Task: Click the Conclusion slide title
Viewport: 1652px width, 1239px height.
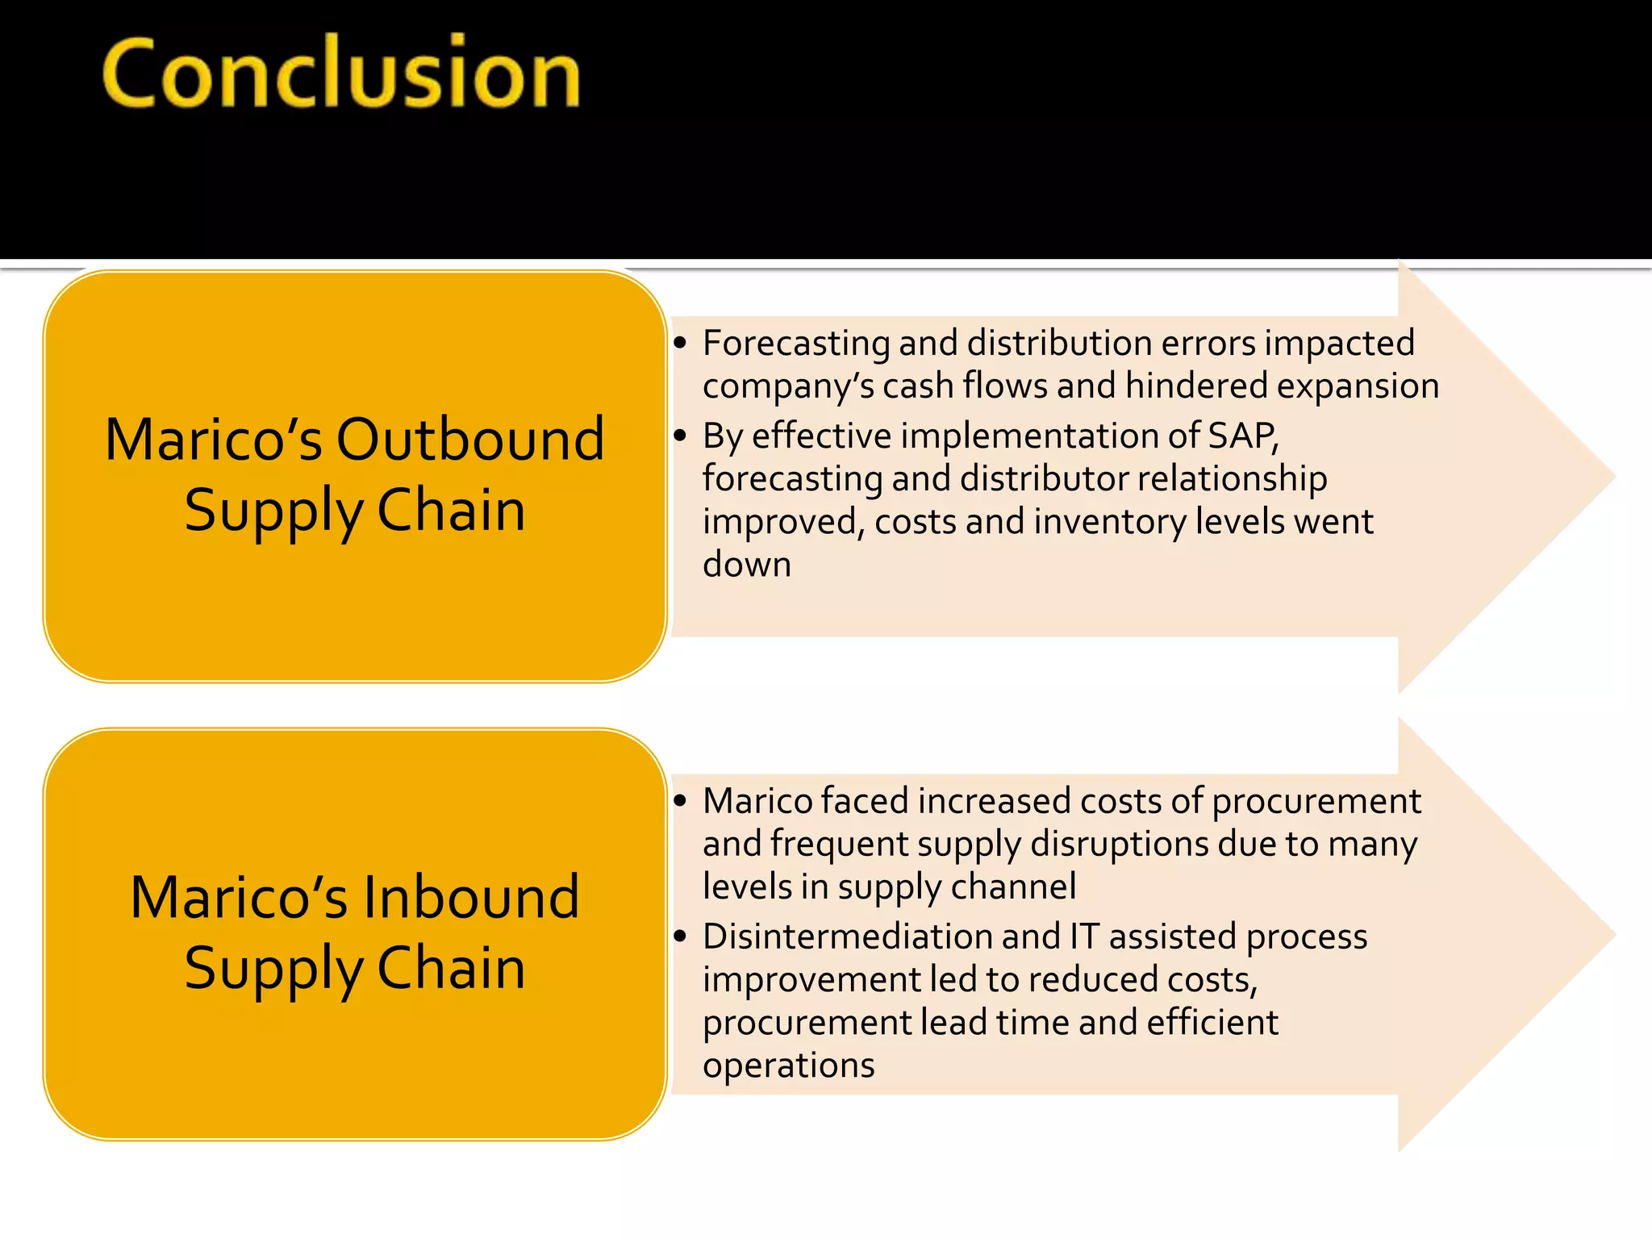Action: (341, 74)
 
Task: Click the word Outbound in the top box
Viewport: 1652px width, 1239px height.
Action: (470, 440)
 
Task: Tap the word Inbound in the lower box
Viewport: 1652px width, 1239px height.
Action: (470, 898)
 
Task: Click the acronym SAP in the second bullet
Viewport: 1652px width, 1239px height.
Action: (1242, 436)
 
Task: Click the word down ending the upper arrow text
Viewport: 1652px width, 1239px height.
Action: (746, 565)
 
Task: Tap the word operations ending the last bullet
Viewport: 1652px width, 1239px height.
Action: (788, 1066)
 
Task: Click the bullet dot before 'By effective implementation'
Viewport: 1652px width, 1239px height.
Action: (681, 436)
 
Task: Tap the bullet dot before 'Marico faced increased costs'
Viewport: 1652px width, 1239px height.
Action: (681, 801)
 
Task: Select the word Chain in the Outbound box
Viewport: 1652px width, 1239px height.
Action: (451, 511)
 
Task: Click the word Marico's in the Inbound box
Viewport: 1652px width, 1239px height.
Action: (240, 898)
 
